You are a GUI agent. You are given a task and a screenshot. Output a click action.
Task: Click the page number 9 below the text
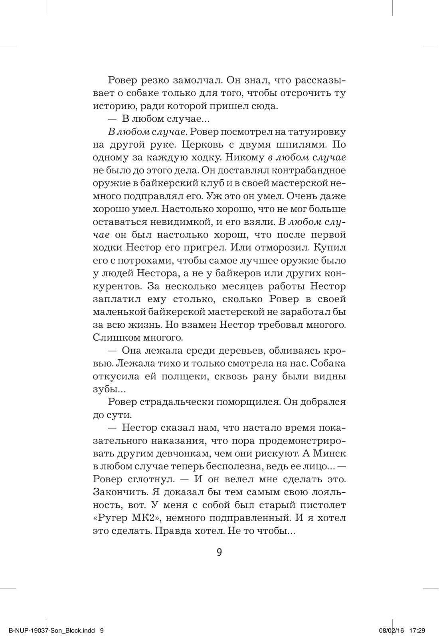coord(219,553)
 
